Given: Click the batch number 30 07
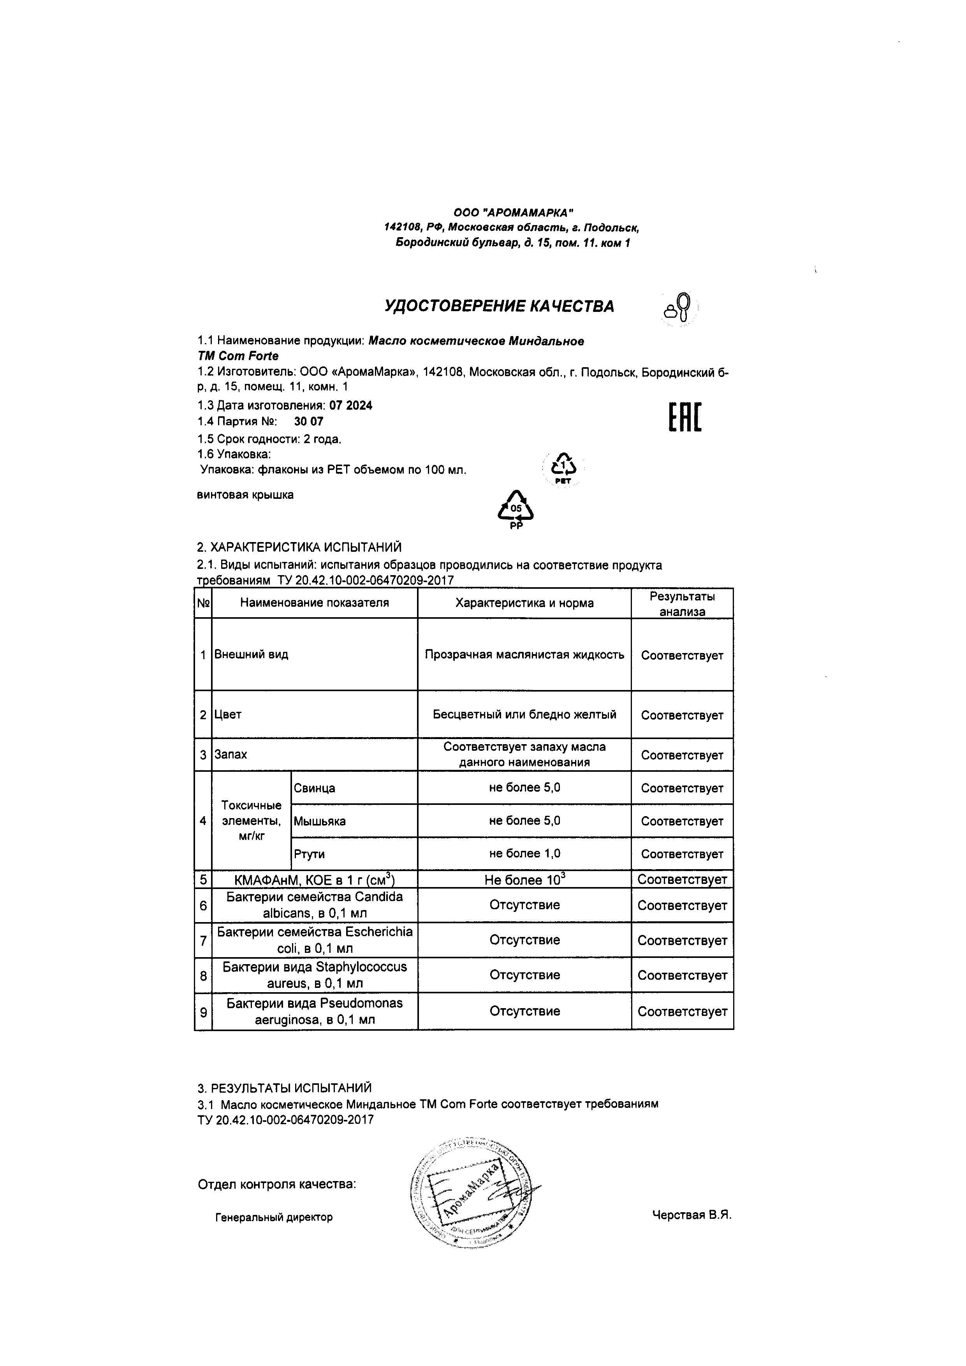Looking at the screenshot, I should click(309, 422).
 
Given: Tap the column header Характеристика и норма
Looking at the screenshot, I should click(524, 603).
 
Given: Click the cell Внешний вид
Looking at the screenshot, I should click(251, 655).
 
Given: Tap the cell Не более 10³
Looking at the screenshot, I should click(524, 880).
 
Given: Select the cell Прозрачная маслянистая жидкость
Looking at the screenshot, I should click(524, 655).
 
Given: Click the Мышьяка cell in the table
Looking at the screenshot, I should click(319, 822).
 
